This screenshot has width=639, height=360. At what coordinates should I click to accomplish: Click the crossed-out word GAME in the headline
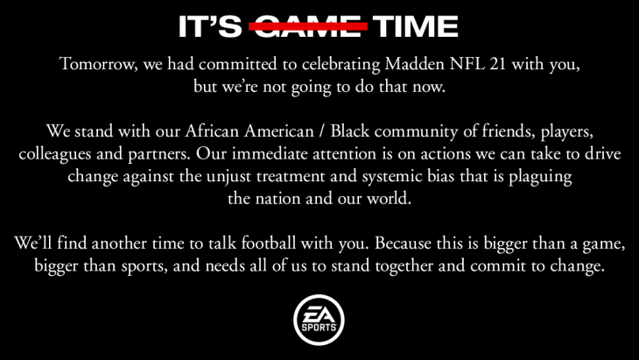click(308, 26)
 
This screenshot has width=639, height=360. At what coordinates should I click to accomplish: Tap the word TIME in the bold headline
click(415, 26)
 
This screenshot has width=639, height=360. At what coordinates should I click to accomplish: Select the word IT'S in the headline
click(210, 26)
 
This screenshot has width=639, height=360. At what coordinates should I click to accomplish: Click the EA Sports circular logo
click(319, 320)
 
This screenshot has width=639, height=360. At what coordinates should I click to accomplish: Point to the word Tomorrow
click(98, 65)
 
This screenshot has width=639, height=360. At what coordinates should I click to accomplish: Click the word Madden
click(414, 64)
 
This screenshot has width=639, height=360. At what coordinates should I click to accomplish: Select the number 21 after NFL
click(498, 64)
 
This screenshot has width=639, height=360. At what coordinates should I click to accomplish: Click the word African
click(212, 131)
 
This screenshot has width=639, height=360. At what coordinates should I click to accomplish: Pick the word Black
click(349, 131)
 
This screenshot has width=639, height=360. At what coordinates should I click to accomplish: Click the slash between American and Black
click(322, 131)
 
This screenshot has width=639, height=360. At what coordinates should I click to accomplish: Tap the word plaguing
click(540, 177)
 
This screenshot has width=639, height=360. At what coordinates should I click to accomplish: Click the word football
click(269, 243)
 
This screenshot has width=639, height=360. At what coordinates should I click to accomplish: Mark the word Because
click(403, 243)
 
